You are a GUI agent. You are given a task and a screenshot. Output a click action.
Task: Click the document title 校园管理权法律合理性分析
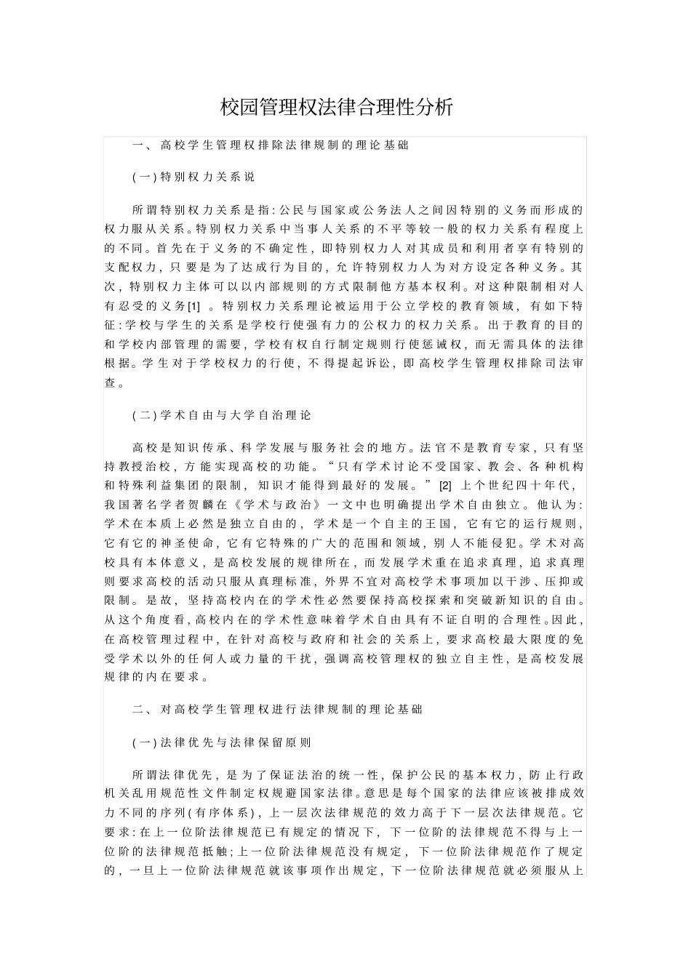click(337, 108)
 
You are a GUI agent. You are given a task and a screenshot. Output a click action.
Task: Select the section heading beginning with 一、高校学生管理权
click(270, 145)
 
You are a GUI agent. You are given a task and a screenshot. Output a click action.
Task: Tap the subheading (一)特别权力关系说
click(193, 177)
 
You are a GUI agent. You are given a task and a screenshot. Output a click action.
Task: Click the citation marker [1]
click(193, 306)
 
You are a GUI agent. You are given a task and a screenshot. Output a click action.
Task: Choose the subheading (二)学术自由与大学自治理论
click(222, 415)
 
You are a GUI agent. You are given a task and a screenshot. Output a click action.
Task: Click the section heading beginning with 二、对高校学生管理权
click(277, 709)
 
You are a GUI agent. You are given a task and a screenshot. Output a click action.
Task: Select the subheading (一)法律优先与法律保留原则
click(222, 742)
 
